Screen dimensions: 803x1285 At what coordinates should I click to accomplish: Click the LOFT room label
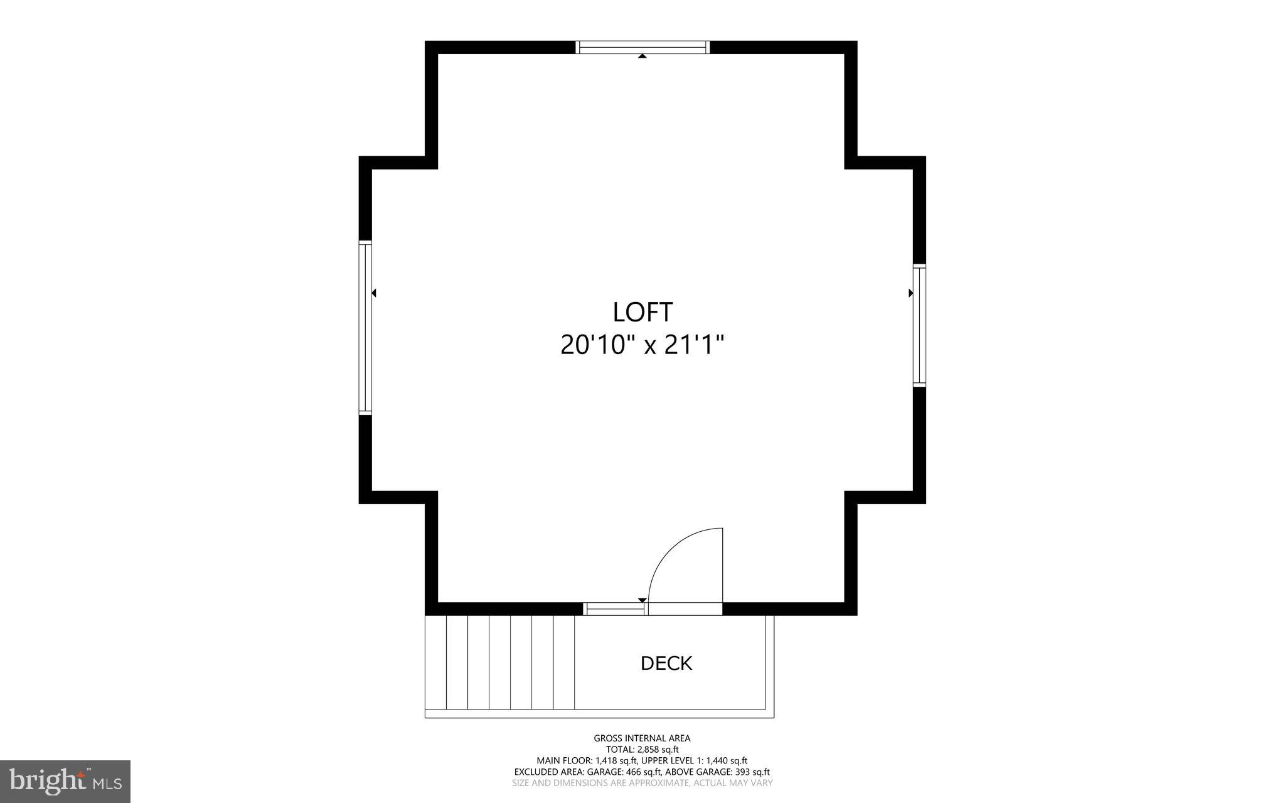642,312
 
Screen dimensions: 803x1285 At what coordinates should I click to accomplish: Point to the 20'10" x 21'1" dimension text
642,345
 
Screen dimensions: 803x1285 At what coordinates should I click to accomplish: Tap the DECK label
666,663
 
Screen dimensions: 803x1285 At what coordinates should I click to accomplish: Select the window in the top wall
642,47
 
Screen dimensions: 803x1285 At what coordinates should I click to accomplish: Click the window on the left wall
365,328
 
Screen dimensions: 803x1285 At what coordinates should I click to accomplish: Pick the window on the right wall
919,325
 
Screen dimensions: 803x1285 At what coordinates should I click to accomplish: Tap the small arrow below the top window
642,57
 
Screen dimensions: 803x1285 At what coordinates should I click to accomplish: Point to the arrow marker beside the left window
374,293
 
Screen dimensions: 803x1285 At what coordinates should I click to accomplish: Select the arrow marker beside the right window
910,293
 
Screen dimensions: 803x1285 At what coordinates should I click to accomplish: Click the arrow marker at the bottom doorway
641,600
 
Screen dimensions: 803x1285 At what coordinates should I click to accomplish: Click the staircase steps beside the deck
500,662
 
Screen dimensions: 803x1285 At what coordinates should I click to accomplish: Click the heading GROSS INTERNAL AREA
642,738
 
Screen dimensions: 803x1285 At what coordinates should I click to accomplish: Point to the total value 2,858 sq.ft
658,750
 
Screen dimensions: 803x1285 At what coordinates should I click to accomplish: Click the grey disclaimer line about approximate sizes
642,783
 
